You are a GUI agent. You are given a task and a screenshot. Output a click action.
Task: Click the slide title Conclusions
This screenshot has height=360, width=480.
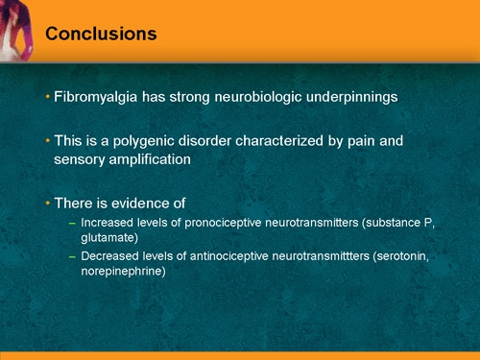click(x=101, y=35)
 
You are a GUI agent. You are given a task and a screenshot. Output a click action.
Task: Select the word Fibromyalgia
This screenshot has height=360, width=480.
click(x=93, y=98)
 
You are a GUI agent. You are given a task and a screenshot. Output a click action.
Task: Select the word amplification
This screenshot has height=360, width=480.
click(x=150, y=159)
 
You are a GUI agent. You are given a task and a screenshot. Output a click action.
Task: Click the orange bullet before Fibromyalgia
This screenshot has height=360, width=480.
click(x=48, y=98)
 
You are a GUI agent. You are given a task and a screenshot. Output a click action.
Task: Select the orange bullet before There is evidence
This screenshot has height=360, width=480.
click(x=48, y=203)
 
